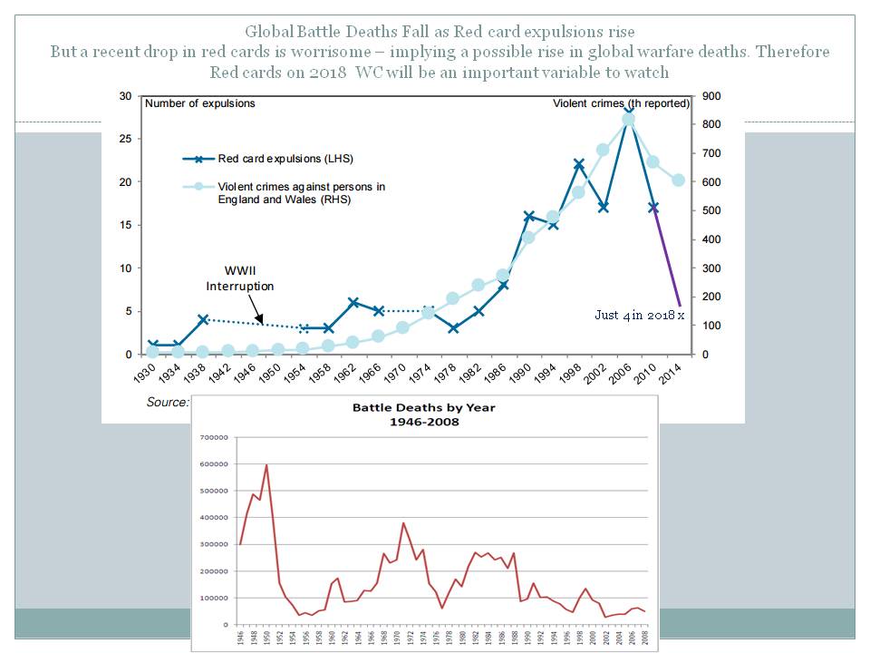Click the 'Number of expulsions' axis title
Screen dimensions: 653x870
(200, 103)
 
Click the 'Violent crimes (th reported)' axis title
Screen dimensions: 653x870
(622, 103)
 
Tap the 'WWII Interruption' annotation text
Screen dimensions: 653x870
(239, 278)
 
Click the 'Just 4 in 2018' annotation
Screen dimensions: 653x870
(638, 316)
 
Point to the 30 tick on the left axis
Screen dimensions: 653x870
(125, 96)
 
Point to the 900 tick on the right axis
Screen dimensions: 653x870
(710, 96)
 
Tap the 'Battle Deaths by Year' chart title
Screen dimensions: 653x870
(424, 414)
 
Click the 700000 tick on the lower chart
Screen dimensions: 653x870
(214, 438)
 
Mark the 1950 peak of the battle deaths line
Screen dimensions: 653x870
(266, 465)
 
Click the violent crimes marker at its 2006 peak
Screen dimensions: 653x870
(628, 119)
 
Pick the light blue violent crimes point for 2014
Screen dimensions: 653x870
(678, 180)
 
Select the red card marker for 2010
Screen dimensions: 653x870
(653, 208)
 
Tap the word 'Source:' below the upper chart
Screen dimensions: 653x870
(168, 402)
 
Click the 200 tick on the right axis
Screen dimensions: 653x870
(710, 297)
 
